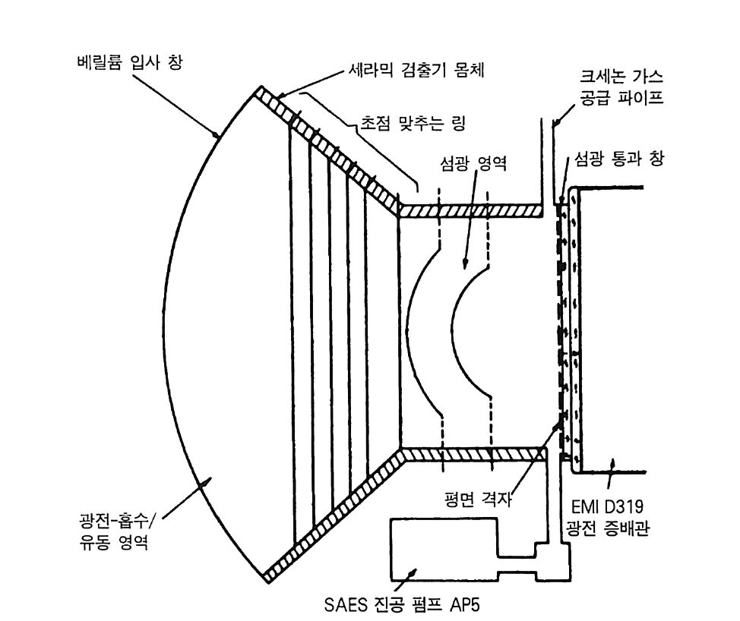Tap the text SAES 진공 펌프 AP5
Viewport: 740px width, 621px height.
tap(403, 606)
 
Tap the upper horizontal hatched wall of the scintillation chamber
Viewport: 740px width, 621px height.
tap(471, 210)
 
